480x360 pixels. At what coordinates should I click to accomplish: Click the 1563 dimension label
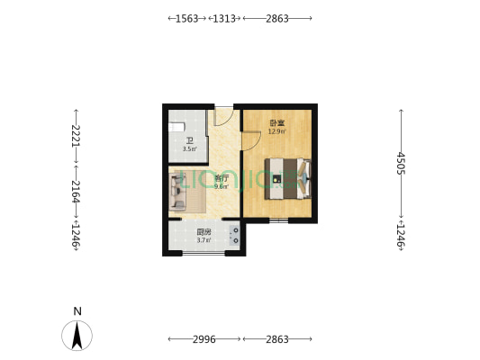coord(187,18)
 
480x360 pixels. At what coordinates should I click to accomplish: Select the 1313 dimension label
coord(223,18)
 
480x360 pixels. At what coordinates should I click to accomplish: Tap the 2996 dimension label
coord(204,339)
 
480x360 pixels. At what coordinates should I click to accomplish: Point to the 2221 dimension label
coord(77,136)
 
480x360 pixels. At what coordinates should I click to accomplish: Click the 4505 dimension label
coord(401,163)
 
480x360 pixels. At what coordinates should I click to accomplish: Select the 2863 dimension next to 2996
coord(277,339)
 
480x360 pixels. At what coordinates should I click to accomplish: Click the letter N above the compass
coord(77,311)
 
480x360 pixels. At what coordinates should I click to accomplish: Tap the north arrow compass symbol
coord(77,336)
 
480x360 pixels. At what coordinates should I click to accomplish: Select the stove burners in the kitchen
coord(235,236)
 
